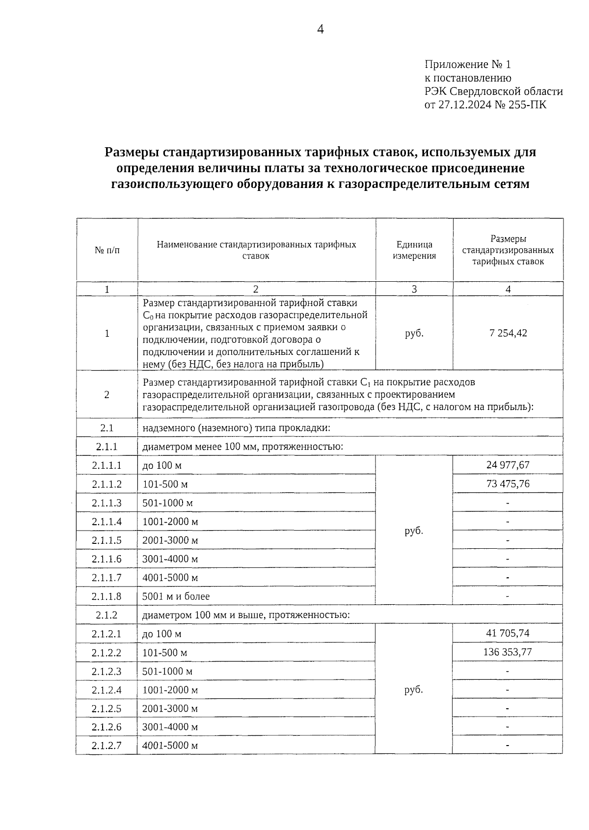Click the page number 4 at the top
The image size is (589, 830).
320,30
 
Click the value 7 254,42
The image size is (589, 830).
508,333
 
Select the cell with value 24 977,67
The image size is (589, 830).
508,465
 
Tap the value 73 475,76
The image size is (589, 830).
508,483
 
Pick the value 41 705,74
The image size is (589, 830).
508,633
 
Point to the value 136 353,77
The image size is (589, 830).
508,652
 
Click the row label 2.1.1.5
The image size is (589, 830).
107,540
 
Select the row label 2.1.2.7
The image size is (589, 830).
107,746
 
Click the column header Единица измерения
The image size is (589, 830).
414,250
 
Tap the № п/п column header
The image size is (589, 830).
107,250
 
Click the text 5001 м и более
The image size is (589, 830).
176,596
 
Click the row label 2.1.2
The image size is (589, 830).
107,615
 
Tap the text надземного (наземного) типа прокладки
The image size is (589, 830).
236,428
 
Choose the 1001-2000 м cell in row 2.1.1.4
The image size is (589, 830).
170,521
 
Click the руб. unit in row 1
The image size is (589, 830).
414,333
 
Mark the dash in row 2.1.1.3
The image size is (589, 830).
508,503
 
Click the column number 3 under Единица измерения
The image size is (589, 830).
414,289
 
